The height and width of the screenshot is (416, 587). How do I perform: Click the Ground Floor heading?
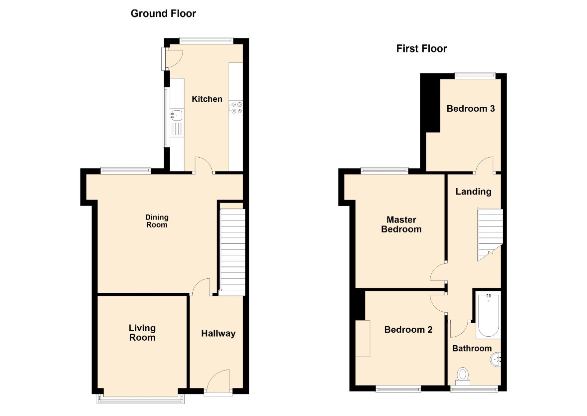tap(163, 13)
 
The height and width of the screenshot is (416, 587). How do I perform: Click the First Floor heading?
tap(421, 49)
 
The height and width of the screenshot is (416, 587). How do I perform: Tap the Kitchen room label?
tap(207, 99)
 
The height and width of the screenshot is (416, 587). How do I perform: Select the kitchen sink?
tap(177, 115)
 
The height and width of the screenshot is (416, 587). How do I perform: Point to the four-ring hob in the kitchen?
tap(236, 108)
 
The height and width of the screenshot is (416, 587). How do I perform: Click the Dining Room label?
tap(157, 220)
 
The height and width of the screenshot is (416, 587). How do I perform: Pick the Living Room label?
tap(142, 333)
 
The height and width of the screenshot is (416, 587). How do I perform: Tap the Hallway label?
tap(218, 333)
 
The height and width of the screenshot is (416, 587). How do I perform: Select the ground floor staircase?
tap(233, 252)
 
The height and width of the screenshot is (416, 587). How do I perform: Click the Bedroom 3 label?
tap(471, 109)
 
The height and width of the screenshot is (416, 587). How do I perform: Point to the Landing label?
tap(473, 192)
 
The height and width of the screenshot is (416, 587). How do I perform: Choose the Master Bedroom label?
tap(401, 224)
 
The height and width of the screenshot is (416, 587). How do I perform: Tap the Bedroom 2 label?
tap(408, 330)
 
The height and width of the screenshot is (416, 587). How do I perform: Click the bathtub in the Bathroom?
tap(488, 315)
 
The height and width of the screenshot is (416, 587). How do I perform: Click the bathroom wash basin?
tap(496, 360)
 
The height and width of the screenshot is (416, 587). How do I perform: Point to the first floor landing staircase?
tap(490, 234)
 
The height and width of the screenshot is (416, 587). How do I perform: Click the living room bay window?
tap(141, 400)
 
